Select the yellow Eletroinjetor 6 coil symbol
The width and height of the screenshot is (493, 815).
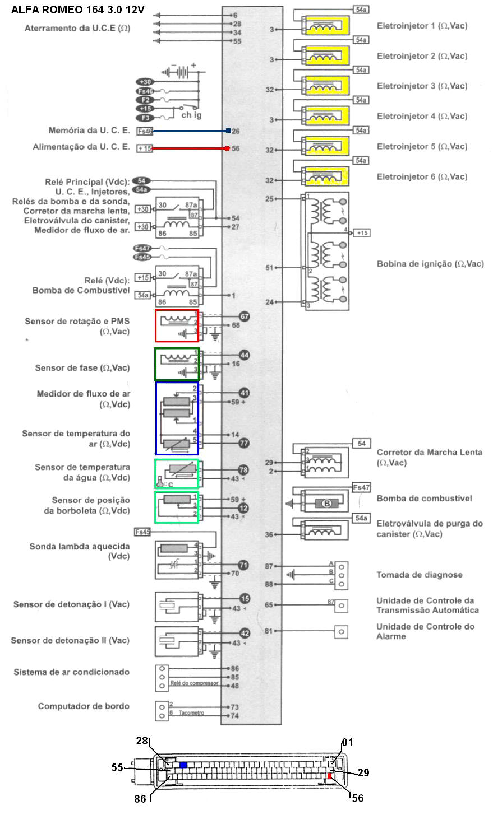pos(325,176)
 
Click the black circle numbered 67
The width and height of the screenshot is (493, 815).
pos(244,316)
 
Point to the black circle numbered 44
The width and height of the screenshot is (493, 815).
pos(244,355)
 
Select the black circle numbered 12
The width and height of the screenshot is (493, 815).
pos(243,507)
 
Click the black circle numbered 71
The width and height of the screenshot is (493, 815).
pos(243,565)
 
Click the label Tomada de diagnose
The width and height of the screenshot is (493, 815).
pos(419,575)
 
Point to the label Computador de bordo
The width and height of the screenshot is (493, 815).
pos(84,706)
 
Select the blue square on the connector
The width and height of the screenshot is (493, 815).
pos(183,764)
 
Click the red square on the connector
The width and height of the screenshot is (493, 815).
pos(330,776)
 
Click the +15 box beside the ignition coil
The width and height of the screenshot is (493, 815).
pos(362,232)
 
